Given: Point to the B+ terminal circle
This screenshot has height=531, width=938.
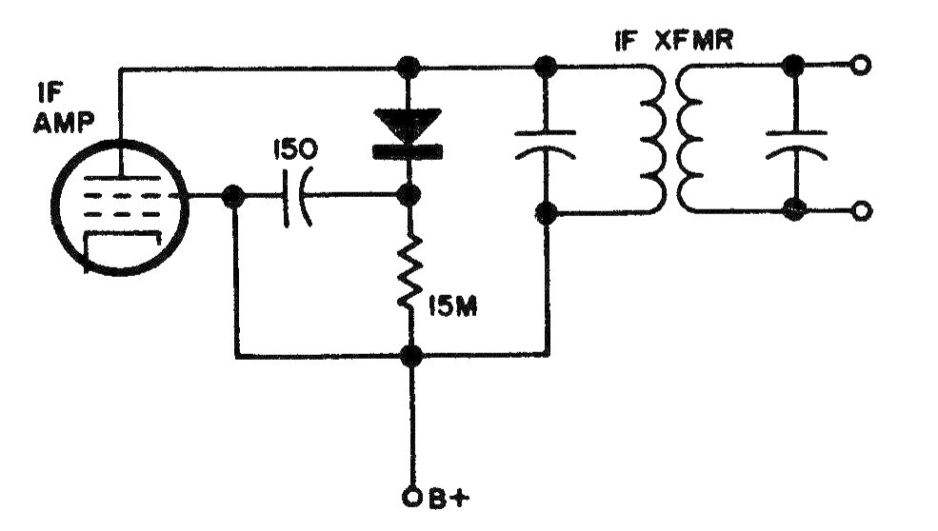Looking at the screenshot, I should tap(411, 495).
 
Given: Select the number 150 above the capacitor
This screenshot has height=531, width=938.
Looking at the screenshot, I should tap(291, 150).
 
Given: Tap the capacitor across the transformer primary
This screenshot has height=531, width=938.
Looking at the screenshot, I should tap(546, 141).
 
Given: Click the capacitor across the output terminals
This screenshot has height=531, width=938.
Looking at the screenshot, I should tap(792, 139).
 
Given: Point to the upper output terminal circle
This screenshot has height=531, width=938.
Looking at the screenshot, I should tap(860, 67).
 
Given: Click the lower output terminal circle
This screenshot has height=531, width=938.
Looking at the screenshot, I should tap(860, 211).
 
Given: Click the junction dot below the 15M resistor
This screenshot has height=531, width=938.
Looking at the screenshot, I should tap(411, 356).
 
